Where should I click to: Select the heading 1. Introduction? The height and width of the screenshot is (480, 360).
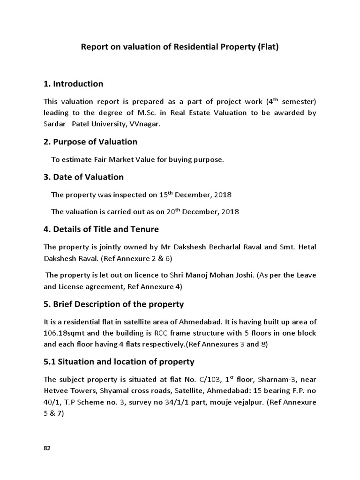tap(73, 84)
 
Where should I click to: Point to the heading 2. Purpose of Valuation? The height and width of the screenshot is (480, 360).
tap(90, 142)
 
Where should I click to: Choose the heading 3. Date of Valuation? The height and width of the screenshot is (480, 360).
tap(83, 177)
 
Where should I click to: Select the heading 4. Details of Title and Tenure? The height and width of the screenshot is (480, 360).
tap(101, 229)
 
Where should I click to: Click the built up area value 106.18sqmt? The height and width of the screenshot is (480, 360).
tap(65, 333)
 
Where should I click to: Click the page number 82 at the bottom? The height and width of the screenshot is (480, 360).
tap(47, 448)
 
